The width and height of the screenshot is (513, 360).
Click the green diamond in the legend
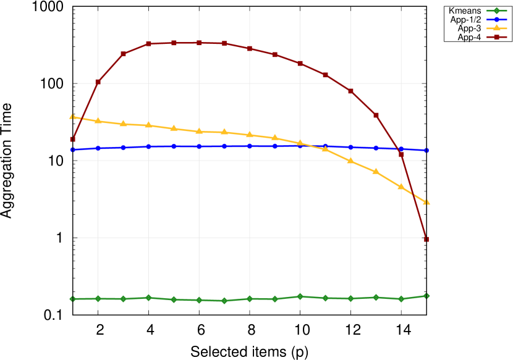point(496,10)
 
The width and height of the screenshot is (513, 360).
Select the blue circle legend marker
point(496,19)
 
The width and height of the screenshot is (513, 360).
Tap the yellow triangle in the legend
point(496,28)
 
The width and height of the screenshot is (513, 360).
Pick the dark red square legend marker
point(496,37)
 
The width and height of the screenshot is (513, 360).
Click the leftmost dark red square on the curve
point(72,139)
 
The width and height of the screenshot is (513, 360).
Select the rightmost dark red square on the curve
point(426,239)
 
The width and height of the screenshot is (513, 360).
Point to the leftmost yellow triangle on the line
point(72,117)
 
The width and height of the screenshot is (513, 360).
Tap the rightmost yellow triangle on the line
point(426,202)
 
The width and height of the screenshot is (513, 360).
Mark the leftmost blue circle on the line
point(72,149)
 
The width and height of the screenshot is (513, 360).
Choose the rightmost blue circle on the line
point(426,150)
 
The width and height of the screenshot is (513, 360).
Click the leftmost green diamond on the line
point(72,299)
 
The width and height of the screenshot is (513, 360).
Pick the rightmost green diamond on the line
point(426,296)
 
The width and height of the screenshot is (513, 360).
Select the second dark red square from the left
point(98,82)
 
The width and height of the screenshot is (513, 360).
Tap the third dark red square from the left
point(123,54)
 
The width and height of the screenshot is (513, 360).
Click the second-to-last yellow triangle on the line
point(401,186)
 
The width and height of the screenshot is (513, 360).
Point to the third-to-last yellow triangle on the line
point(375,171)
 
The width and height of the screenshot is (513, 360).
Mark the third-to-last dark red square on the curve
point(376,115)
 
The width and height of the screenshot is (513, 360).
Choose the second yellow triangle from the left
point(98,120)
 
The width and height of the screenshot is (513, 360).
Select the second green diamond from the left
point(98,299)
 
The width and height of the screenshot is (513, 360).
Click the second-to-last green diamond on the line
point(401,299)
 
